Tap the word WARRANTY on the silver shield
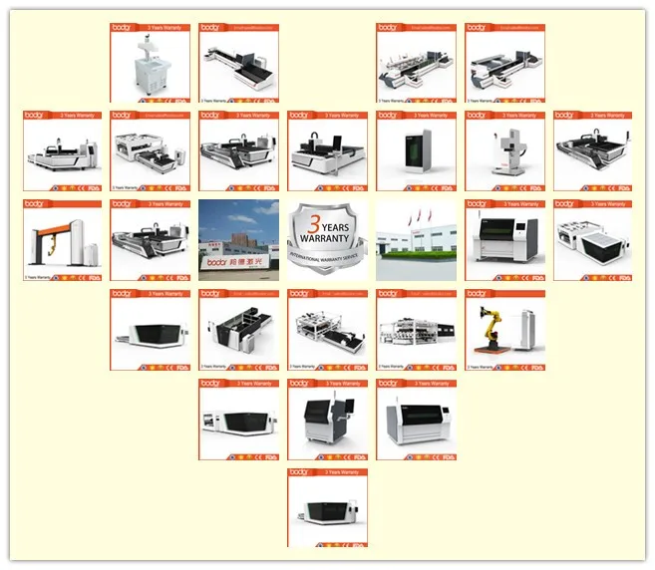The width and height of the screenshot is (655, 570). pyautogui.click(x=328, y=238)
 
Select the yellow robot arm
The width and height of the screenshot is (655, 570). pyautogui.click(x=491, y=331)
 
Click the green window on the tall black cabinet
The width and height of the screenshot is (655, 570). pyautogui.click(x=416, y=145)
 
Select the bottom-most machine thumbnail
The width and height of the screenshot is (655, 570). pyautogui.click(x=328, y=508)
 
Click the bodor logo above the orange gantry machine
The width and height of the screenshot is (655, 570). pyautogui.click(x=33, y=204)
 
